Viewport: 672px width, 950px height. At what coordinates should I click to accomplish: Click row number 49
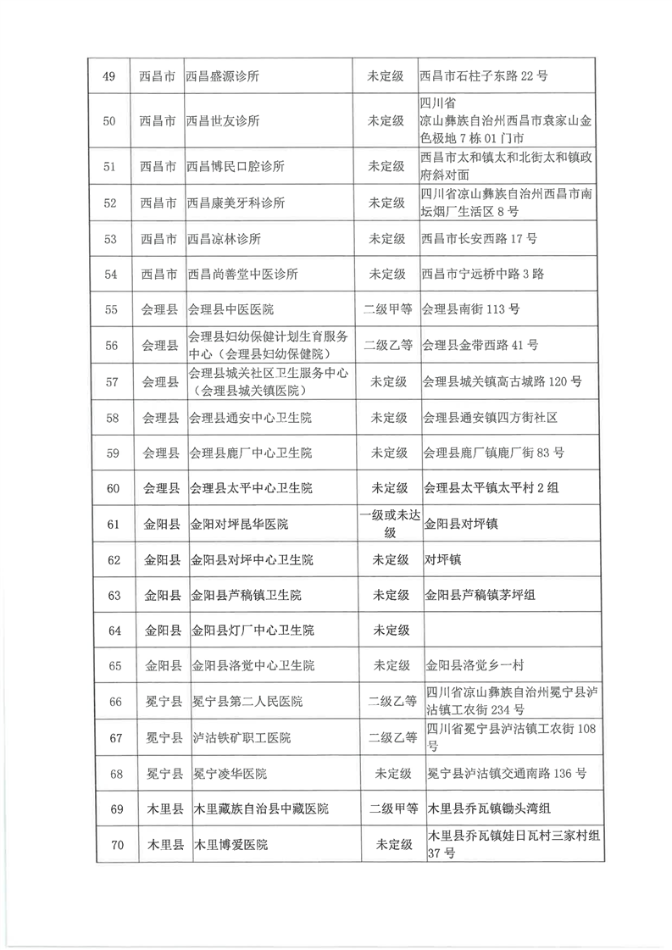click(108, 76)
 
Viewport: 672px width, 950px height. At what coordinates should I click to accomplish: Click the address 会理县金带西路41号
click(480, 345)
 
